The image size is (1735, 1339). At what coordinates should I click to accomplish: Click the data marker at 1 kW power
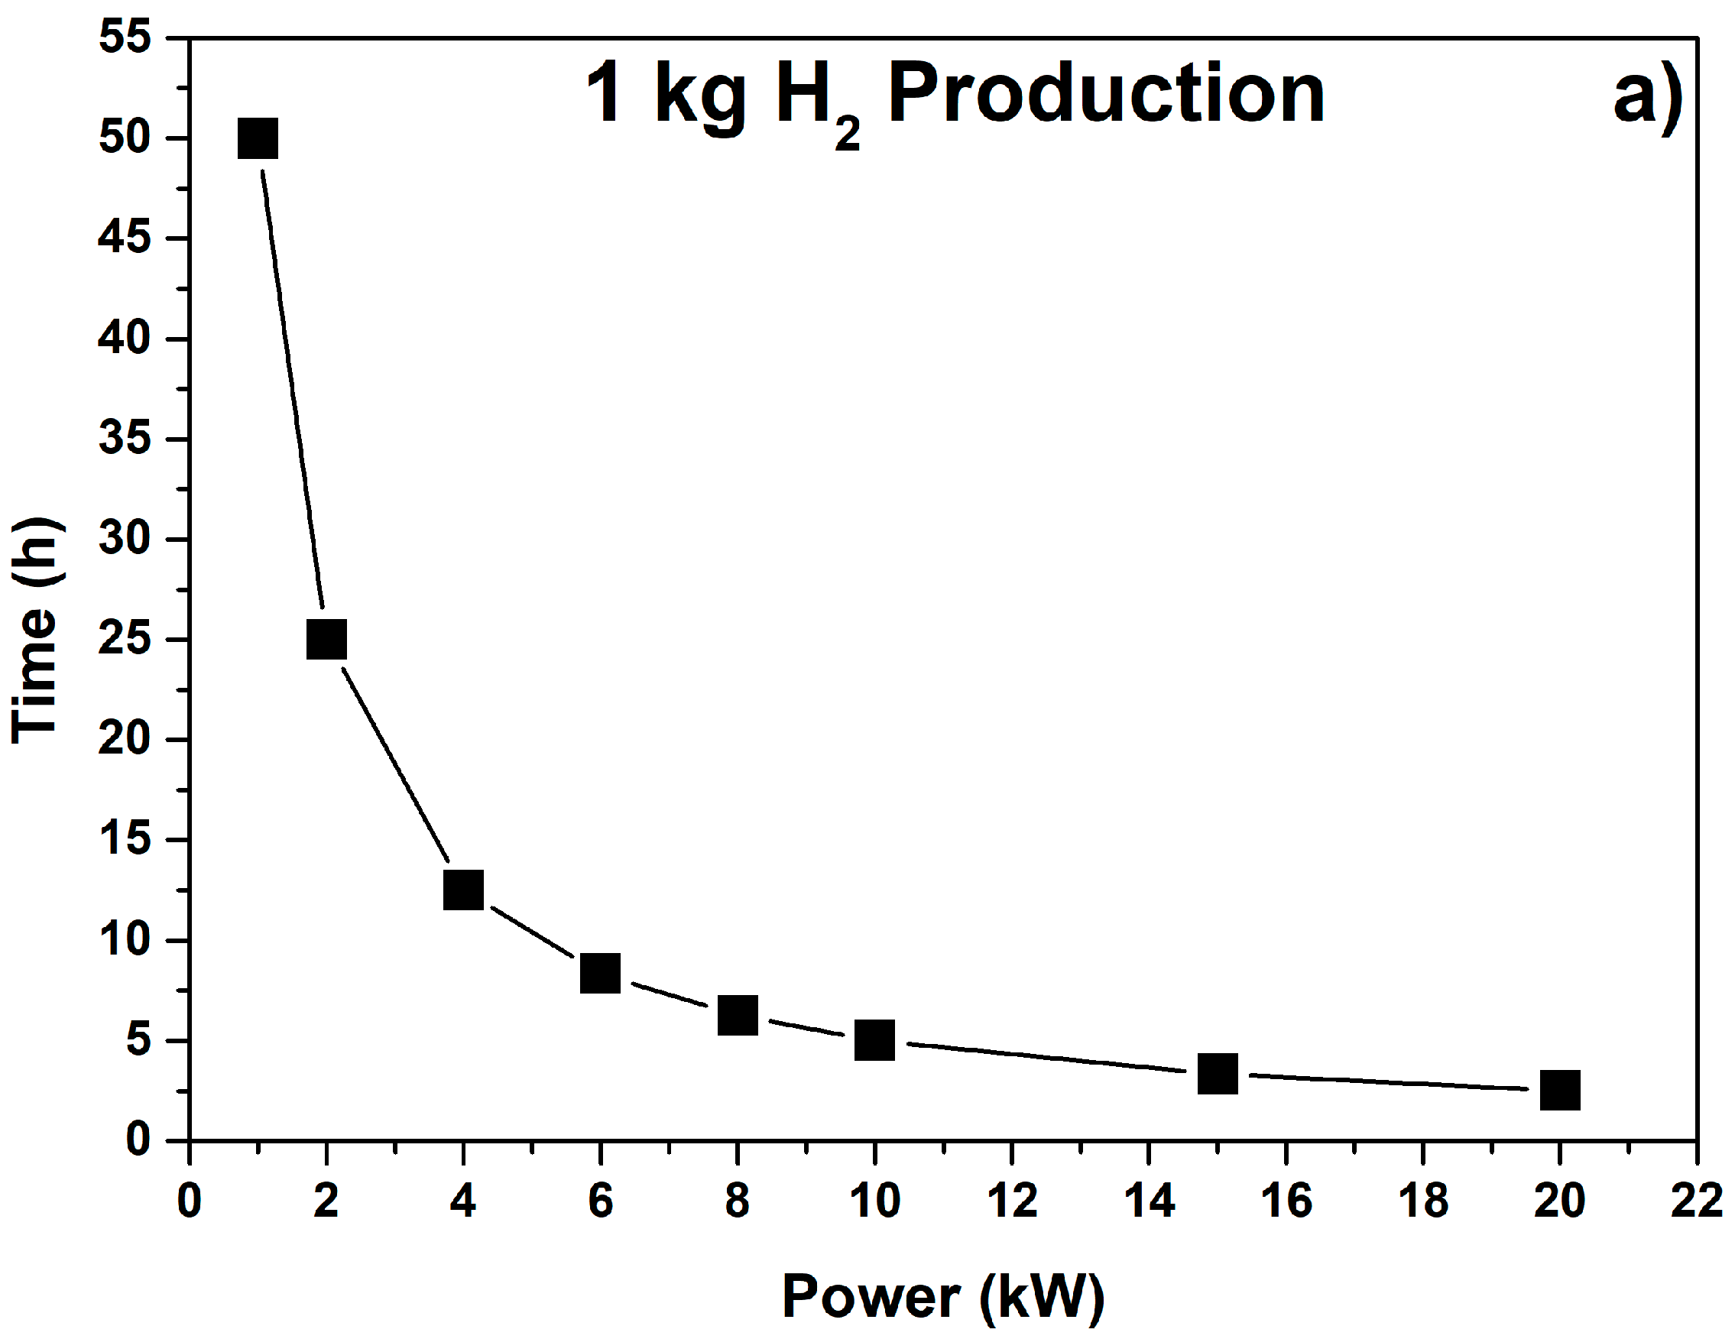pyautogui.click(x=258, y=139)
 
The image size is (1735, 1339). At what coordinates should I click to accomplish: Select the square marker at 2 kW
pyautogui.click(x=326, y=640)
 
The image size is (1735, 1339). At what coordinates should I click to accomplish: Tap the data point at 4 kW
pyautogui.click(x=463, y=890)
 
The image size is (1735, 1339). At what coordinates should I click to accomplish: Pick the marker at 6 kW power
pyautogui.click(x=600, y=973)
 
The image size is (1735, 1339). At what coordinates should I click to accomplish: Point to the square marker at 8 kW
pyautogui.click(x=738, y=1015)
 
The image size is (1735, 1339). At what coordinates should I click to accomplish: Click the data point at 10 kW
pyautogui.click(x=874, y=1040)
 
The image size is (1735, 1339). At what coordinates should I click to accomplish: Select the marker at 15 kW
pyautogui.click(x=1217, y=1074)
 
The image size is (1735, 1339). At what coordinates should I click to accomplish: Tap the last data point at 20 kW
pyautogui.click(x=1559, y=1090)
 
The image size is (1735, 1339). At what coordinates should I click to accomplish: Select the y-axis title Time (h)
pyautogui.click(x=36, y=630)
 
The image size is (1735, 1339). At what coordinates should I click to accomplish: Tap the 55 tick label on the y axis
pyautogui.click(x=125, y=37)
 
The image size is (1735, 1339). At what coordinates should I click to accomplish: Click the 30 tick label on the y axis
pyautogui.click(x=125, y=539)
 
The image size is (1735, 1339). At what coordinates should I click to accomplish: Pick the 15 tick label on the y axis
pyautogui.click(x=125, y=838)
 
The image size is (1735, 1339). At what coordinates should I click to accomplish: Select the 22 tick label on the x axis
pyautogui.click(x=1696, y=1200)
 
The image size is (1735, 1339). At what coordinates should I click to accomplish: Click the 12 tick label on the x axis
pyautogui.click(x=1011, y=1200)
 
